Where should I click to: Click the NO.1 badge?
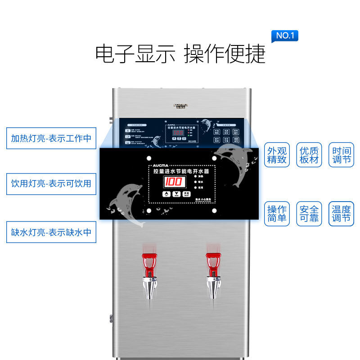[285, 36]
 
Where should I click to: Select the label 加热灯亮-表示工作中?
[51, 138]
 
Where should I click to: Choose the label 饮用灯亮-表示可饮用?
[51, 184]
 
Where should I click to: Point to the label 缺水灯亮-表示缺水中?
[51, 232]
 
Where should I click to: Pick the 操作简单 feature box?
[277, 214]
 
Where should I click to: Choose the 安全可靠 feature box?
[309, 214]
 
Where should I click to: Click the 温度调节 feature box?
[341, 214]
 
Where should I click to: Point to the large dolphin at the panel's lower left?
[128, 202]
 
